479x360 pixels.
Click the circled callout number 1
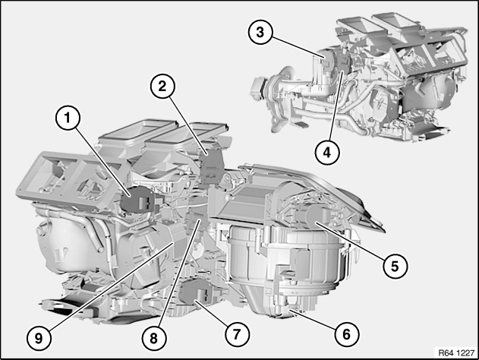68,118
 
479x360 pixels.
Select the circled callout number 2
162,87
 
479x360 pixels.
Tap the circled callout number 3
260,32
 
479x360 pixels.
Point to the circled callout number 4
327,152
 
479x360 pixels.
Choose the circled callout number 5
395,266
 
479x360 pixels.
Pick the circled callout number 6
346,334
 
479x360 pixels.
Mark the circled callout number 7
237,334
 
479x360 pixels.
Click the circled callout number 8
153,338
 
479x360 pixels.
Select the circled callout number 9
39,338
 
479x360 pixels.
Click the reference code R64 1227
456,352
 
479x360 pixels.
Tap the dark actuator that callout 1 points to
137,199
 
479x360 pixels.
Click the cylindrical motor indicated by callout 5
311,216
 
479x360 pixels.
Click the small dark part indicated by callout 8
196,221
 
